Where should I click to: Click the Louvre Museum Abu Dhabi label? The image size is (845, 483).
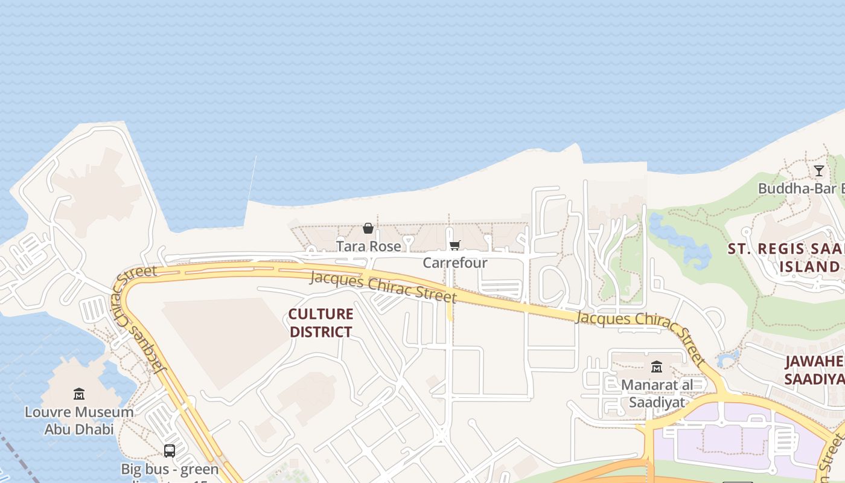79,421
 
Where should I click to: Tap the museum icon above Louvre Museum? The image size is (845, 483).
79,394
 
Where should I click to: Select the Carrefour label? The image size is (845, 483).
454,263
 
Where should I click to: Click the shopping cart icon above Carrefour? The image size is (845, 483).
454,245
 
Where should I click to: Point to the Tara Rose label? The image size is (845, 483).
368,246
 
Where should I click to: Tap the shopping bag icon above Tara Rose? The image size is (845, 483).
368,228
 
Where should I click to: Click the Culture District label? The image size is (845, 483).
320,323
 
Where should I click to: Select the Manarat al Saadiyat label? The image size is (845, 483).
657,393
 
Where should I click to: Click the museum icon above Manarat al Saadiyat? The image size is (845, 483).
657,366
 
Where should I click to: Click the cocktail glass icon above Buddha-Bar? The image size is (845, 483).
818,171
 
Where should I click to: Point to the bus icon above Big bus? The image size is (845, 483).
170,450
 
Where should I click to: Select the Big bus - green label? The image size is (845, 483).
170,469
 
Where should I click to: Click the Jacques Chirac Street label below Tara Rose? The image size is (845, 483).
383,288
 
